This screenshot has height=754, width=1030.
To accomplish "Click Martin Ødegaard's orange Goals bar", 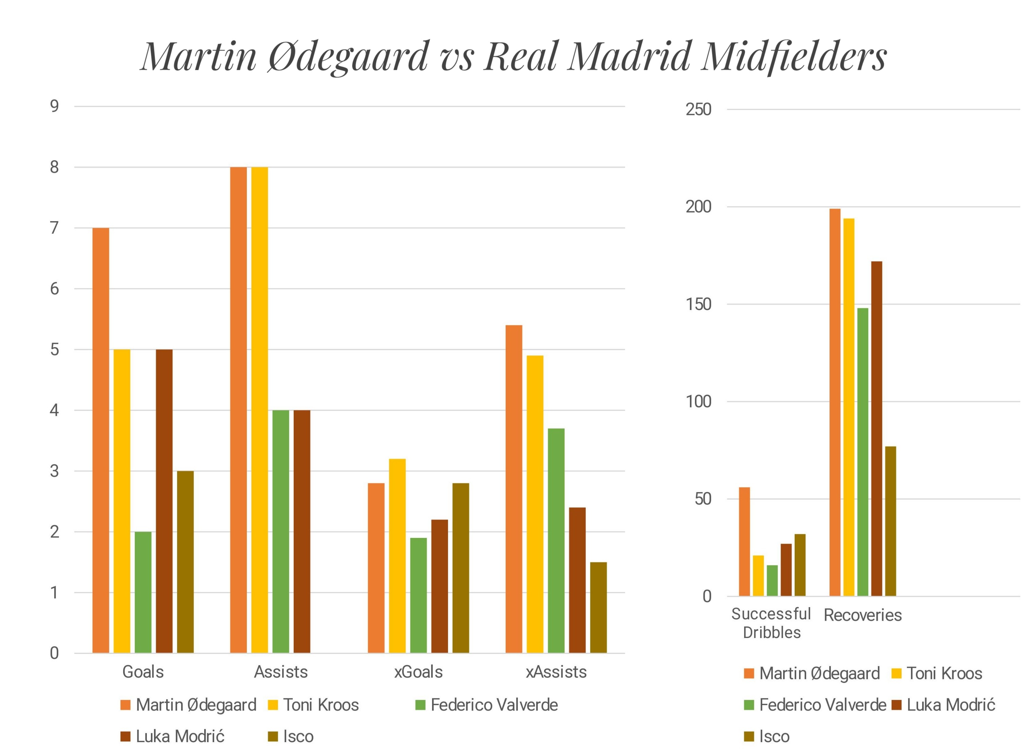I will tap(100, 441).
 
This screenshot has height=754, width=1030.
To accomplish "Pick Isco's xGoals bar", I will tap(461, 568).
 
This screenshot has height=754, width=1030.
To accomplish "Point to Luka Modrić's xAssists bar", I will tap(577, 580).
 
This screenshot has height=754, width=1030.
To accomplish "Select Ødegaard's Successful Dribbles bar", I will tap(744, 542).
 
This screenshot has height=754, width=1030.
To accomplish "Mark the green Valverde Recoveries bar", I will tap(862, 452).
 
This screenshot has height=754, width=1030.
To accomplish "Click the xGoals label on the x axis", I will tap(418, 672).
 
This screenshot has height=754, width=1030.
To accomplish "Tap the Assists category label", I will tap(281, 672).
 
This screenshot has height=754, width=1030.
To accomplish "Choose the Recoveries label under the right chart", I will tap(862, 615).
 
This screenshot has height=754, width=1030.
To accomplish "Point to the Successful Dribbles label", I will tap(771, 623).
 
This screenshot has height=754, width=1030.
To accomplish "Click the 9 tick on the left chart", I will tap(54, 107).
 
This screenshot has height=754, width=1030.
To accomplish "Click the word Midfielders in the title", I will tap(793, 57).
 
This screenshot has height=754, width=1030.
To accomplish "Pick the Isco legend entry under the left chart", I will tap(291, 736).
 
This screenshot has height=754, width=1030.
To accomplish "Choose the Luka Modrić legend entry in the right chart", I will tap(944, 705).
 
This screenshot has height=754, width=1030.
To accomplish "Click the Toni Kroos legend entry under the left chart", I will tap(314, 705).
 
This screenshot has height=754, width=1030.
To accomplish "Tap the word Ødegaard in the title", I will tap(347, 57).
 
